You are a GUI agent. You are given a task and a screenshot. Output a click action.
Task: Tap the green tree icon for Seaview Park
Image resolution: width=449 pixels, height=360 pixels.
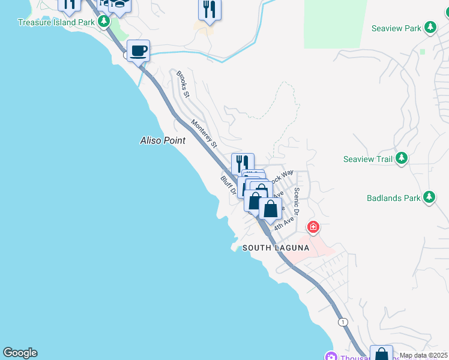pos(430,28)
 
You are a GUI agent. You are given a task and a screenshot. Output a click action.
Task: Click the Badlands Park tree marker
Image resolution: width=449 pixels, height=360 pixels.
pos(429,197)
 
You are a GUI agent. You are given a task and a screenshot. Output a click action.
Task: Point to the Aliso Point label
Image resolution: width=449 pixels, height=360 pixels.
pos(162,140)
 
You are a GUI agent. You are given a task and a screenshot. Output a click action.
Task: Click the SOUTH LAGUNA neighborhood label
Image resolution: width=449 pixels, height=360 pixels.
pos(276,248)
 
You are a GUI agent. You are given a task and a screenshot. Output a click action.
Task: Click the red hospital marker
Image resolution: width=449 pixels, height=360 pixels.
pos(313,227)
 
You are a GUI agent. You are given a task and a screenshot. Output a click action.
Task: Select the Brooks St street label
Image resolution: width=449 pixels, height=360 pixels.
pos(182,85)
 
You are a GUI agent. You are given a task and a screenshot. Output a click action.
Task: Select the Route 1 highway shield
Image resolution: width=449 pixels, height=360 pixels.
pos(343,322)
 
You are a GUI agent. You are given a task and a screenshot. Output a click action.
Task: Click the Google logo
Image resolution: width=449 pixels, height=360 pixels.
pos(20,353)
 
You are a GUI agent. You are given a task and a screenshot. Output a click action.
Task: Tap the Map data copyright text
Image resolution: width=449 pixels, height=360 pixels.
pos(424,355)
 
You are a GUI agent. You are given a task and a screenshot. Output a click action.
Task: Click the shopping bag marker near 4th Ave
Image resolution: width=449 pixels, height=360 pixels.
pos(271,209)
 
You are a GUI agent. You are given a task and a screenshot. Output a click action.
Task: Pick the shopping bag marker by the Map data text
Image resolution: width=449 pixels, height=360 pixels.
pos(381,354)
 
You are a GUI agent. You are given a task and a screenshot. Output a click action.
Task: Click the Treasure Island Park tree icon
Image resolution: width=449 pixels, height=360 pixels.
pos(104,22)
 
